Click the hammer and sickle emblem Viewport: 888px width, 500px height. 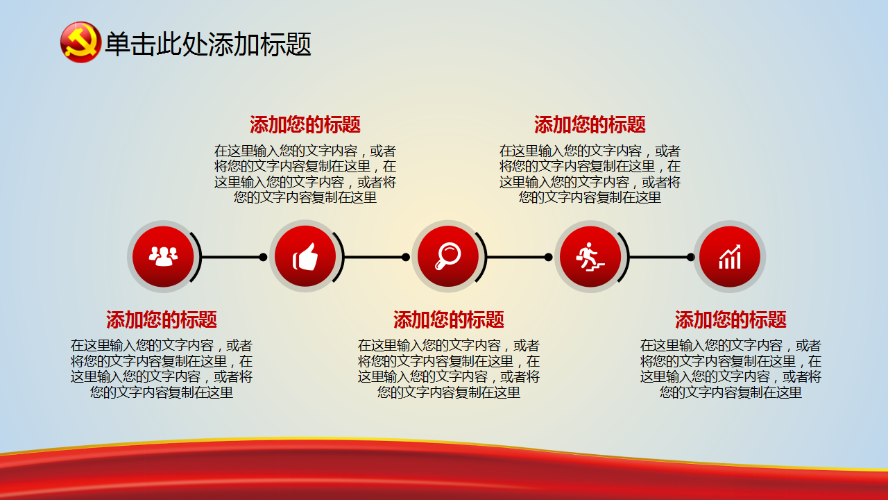pos(80,42)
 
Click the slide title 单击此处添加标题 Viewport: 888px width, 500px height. pos(207,44)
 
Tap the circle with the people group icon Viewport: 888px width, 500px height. pos(163,256)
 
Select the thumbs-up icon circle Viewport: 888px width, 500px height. pos(305,256)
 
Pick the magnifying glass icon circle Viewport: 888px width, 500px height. pos(448,256)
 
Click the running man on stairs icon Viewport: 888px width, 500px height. pos(590,256)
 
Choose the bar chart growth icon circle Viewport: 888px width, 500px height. pos(729,256)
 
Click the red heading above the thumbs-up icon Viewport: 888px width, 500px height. pos(305,124)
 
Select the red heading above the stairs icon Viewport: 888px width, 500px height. pos(590,124)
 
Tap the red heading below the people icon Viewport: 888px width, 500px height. pos(162,319)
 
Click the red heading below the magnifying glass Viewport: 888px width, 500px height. pos(449,319)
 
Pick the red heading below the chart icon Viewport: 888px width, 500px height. pos(731,319)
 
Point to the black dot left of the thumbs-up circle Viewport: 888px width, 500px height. pos(263,257)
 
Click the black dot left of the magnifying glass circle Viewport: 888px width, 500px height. pos(406,257)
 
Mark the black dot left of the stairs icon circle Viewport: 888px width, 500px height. pos(548,257)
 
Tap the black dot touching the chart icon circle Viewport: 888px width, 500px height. pos(690,257)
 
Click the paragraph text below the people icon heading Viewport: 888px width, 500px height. pos(162,369)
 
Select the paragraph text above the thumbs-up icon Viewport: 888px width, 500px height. pos(305,174)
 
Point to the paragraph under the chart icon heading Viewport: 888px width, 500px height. pos(731,369)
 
